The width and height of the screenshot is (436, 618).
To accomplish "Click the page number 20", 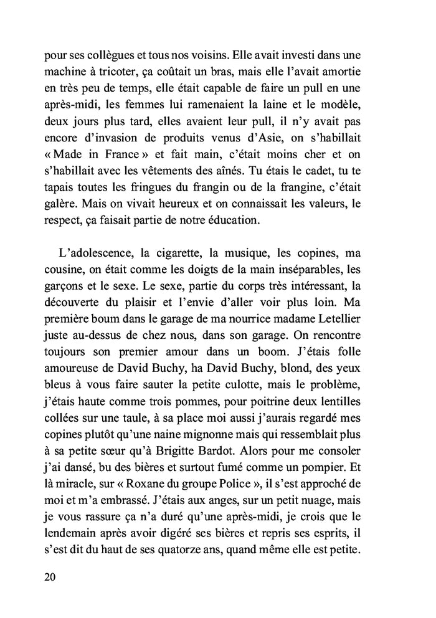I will tap(50, 576).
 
